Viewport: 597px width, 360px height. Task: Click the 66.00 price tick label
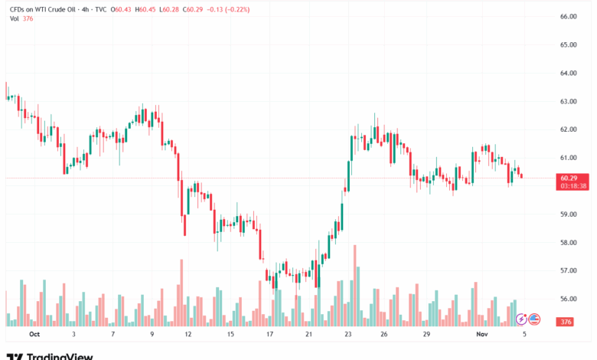tap(567, 16)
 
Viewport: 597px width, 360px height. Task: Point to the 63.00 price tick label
tap(567, 101)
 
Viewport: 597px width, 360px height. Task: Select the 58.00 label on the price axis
tap(567, 243)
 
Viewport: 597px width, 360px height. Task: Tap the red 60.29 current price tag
tap(573, 178)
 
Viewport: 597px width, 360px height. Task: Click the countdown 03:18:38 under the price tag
tap(573, 186)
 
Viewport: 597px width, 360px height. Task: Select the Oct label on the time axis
tap(34, 335)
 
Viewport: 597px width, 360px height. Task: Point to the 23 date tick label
tap(347, 335)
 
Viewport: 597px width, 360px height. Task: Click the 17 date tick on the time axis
tap(269, 335)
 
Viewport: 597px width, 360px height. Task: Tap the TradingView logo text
tap(60, 356)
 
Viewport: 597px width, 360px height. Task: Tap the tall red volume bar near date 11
tap(181, 291)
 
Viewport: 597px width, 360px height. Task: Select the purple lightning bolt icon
tap(522, 319)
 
